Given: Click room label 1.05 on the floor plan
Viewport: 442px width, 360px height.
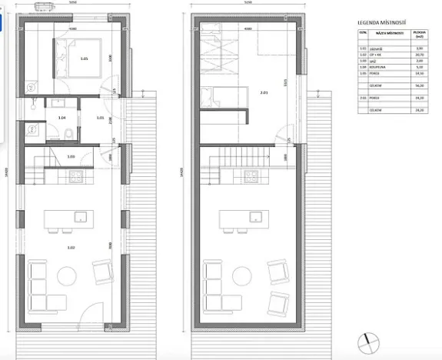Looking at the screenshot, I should click(x=84, y=58).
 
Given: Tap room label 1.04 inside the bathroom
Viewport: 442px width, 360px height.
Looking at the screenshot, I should click(x=62, y=118).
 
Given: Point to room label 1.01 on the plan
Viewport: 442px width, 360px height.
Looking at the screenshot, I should click(x=100, y=118).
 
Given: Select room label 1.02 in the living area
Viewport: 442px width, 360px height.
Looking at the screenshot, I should click(x=71, y=248).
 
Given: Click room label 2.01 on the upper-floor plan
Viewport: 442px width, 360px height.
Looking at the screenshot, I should click(x=263, y=93).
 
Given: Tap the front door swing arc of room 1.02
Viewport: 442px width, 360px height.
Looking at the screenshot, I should click(x=91, y=315).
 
